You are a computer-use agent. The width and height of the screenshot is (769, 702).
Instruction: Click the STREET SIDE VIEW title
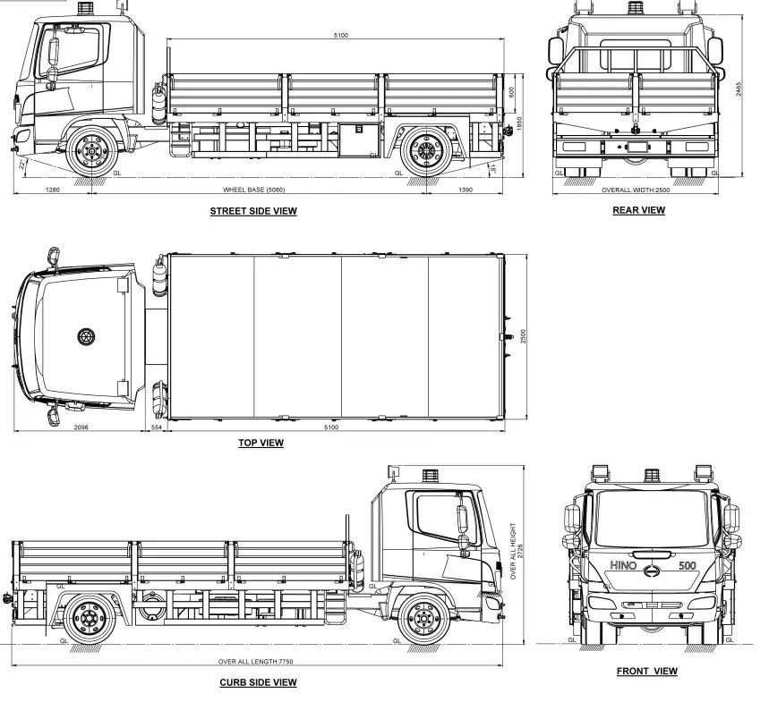pos(253,211)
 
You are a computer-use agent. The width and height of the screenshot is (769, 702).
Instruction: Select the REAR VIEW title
pos(638,210)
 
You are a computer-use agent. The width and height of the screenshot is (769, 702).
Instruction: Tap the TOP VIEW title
pos(261,443)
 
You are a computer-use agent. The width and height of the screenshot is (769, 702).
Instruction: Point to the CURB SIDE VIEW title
pos(258,682)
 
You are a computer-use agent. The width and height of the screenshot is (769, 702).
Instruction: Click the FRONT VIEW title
pos(647,671)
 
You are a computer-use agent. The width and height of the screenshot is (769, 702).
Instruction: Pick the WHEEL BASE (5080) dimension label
pos(253,190)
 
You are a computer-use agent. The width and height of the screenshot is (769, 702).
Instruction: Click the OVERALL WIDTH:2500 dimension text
pos(636,190)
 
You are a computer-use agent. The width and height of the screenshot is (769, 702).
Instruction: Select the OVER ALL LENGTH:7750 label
pos(255,662)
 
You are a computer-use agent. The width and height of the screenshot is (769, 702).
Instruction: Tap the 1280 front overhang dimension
pos(52,190)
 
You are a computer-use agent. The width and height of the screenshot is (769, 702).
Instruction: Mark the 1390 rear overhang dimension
pos(466,190)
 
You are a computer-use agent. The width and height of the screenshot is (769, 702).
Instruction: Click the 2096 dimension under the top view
pos(81,427)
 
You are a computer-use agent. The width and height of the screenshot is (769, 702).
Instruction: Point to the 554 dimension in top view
pos(156,427)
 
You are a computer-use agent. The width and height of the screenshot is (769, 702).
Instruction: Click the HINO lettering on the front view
pos(623,565)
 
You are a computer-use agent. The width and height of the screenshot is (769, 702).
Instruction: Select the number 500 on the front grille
pos(688,565)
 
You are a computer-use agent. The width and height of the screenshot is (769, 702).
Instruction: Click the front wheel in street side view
pos(91,151)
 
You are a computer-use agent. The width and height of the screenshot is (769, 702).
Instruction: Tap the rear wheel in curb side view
pos(90,619)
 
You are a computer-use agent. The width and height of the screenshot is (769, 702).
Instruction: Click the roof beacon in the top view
pos(86,336)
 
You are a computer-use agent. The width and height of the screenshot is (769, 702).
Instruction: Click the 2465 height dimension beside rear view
pos(739,89)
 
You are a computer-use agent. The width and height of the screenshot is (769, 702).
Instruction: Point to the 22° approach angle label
pos(21,165)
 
